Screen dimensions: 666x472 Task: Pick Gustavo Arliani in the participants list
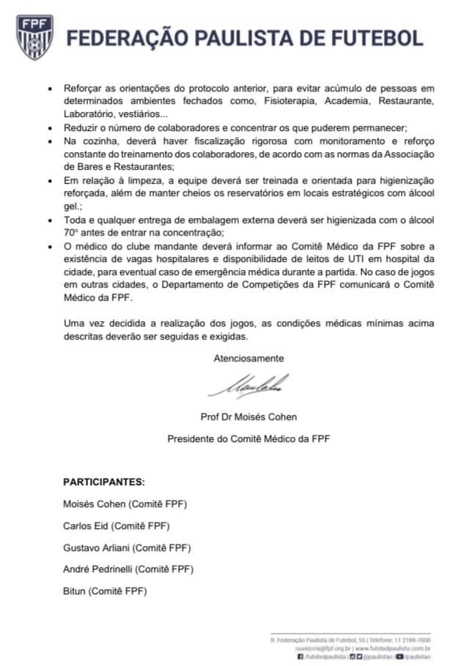[x=97, y=547]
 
